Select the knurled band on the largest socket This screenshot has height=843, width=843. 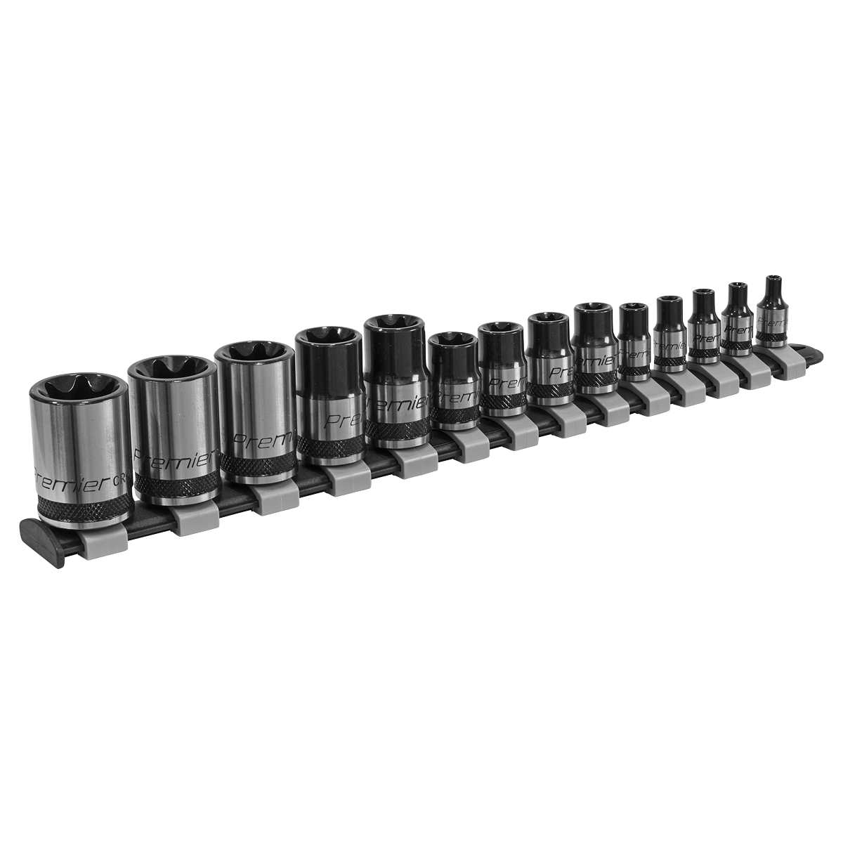(x=84, y=508)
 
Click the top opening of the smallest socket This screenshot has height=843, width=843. (x=774, y=280)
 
